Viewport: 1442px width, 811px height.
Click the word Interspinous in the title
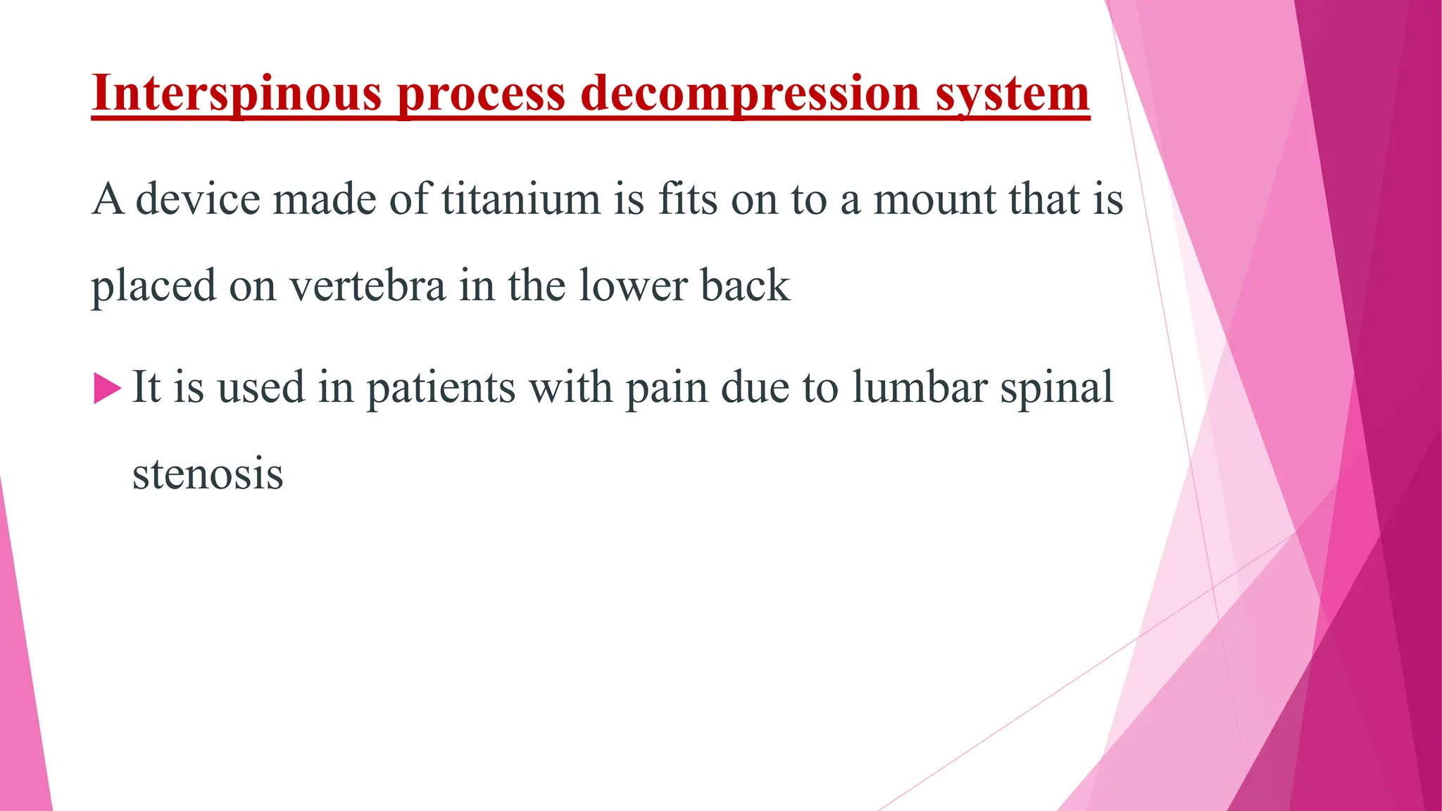click(237, 94)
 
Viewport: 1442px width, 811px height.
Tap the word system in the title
click(1012, 94)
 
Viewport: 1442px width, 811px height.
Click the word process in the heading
click(481, 94)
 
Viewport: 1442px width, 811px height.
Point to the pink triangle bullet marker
click(107, 389)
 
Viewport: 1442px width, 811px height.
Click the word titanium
click(521, 199)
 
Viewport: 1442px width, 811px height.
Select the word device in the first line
click(197, 199)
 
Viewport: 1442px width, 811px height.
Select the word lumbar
click(920, 387)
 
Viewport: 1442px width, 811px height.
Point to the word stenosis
click(208, 474)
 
